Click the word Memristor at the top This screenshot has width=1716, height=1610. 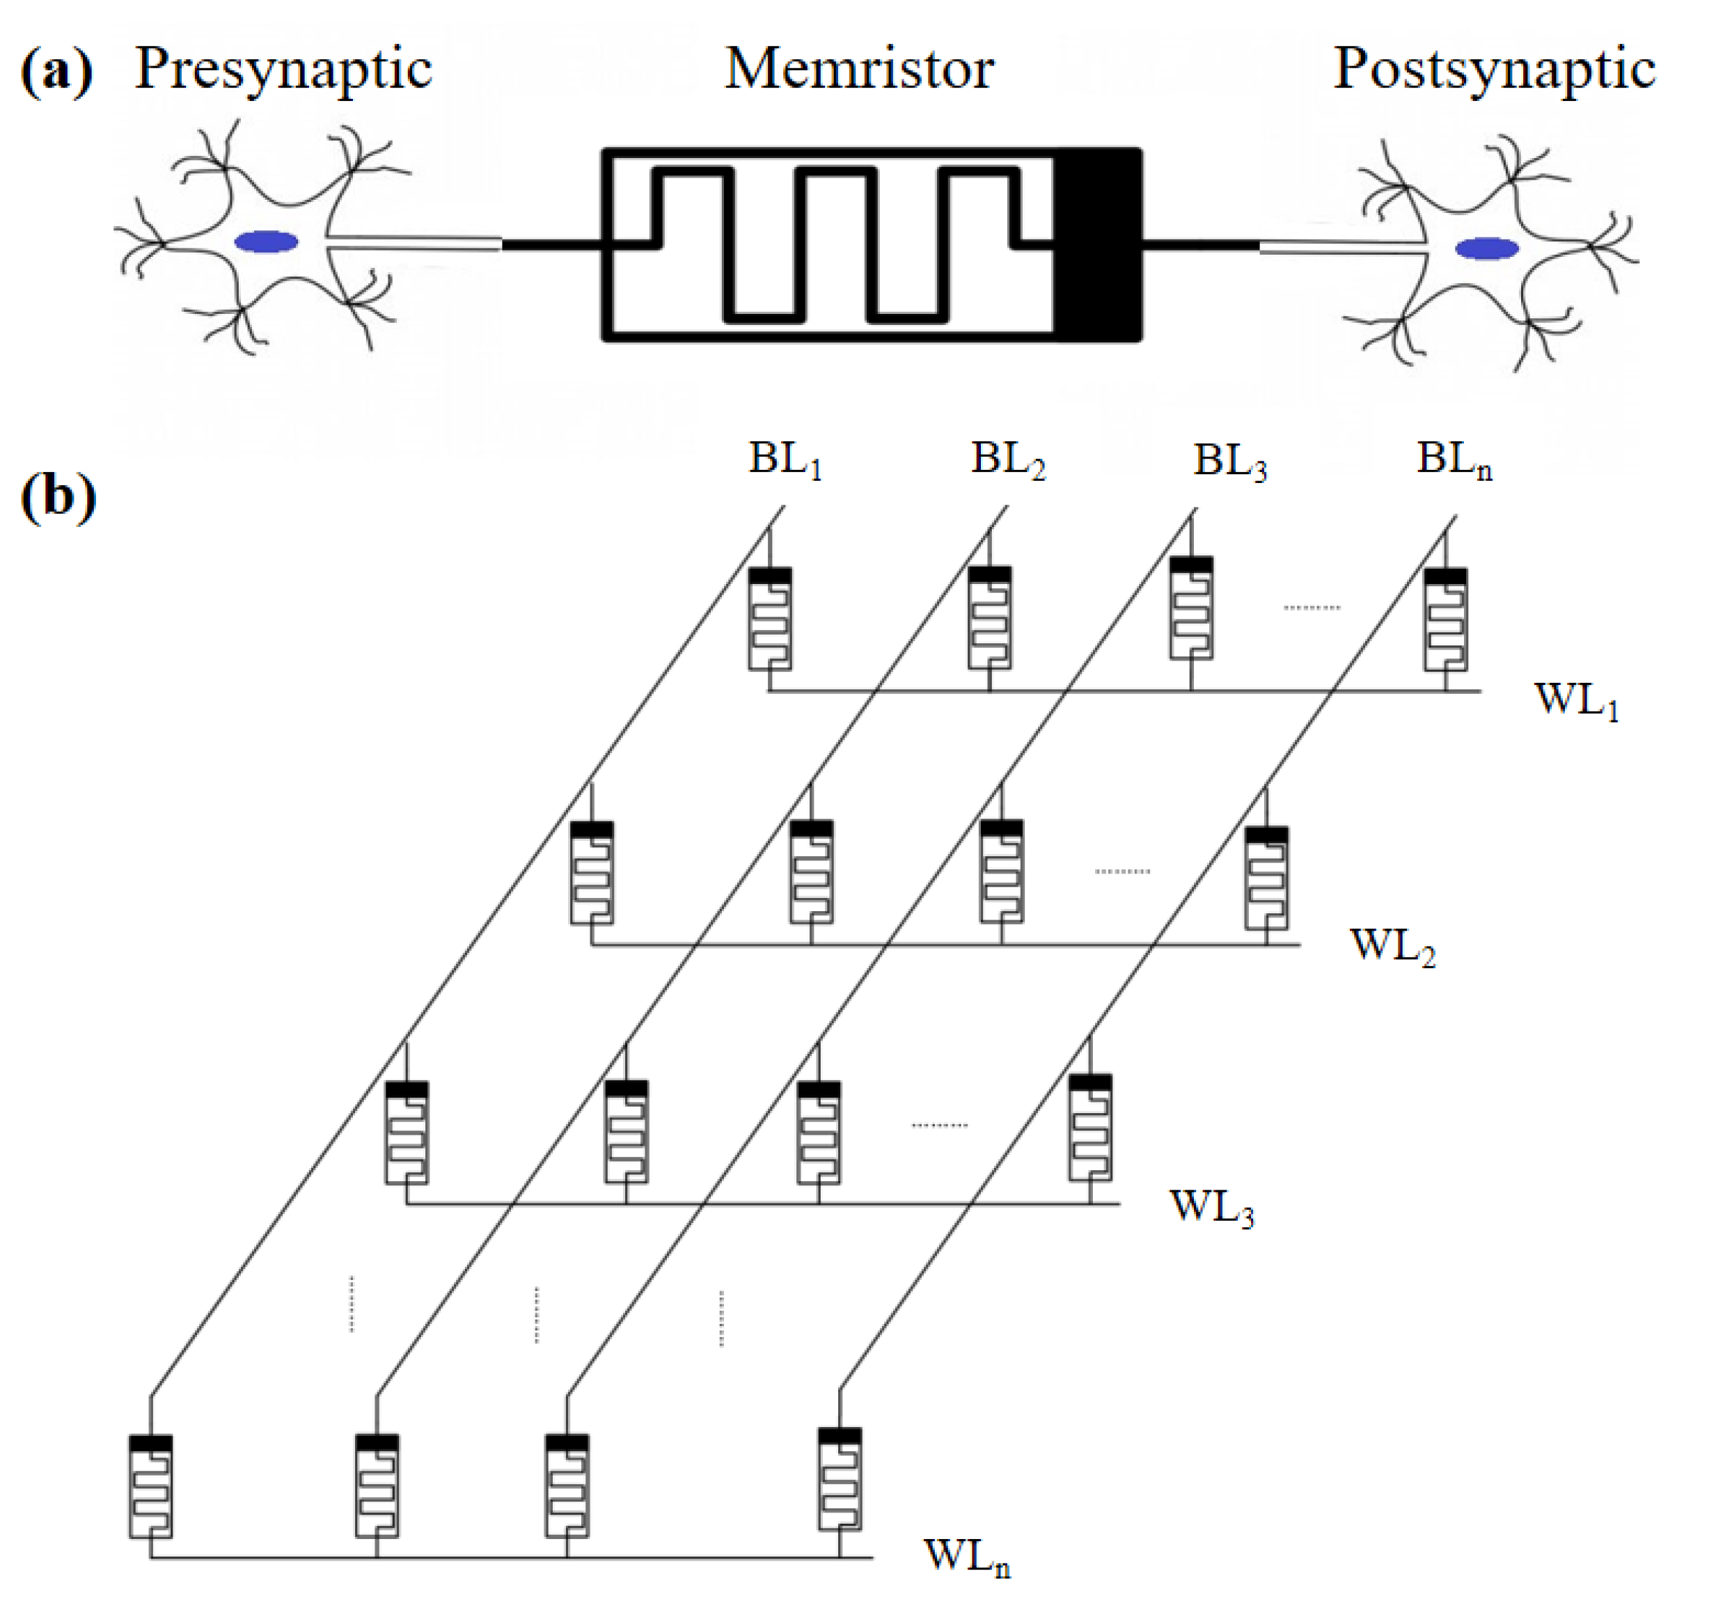[x=859, y=69]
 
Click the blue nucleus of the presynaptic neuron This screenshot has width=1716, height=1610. [x=267, y=243]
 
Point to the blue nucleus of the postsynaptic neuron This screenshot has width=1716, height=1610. [x=1486, y=249]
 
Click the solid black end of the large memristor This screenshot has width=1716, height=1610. [x=1097, y=245]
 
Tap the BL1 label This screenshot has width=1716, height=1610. [x=785, y=460]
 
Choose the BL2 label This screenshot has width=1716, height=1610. [x=1007, y=460]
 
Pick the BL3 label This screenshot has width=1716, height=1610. [x=1230, y=462]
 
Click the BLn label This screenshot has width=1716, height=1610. [x=1454, y=460]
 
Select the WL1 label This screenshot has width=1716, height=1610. [x=1575, y=700]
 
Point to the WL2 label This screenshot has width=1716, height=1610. [x=1392, y=947]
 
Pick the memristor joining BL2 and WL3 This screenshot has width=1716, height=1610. [x=626, y=1132]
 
